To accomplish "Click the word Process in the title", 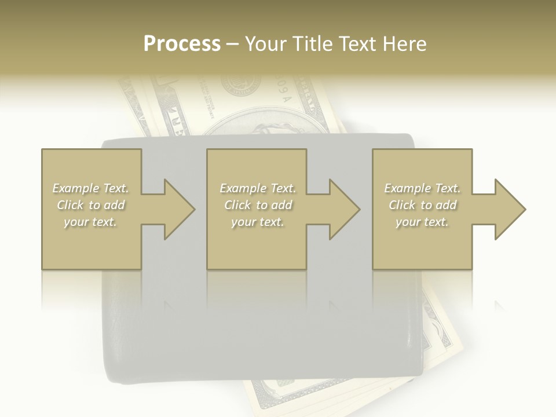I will click(182, 44).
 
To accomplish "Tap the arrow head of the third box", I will click(518, 209).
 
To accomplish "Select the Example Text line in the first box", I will click(90, 188).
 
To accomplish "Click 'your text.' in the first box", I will click(90, 222).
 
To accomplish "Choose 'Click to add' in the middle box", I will click(258, 205).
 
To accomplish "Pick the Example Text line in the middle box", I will click(258, 188).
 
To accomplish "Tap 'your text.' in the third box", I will click(422, 222).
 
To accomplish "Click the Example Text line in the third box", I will click(422, 188).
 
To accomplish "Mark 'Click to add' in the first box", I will click(90, 205).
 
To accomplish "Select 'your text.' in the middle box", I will click(258, 222).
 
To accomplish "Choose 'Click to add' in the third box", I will click(422, 205).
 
